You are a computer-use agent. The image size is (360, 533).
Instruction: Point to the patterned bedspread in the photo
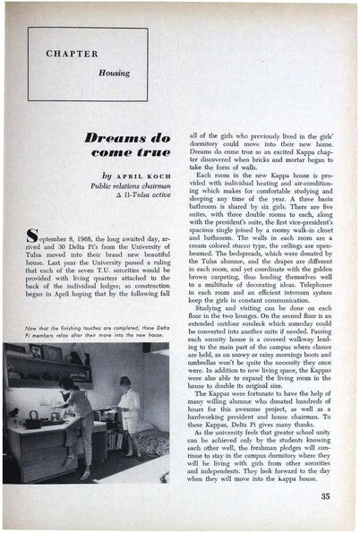click(x=152, y=448)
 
